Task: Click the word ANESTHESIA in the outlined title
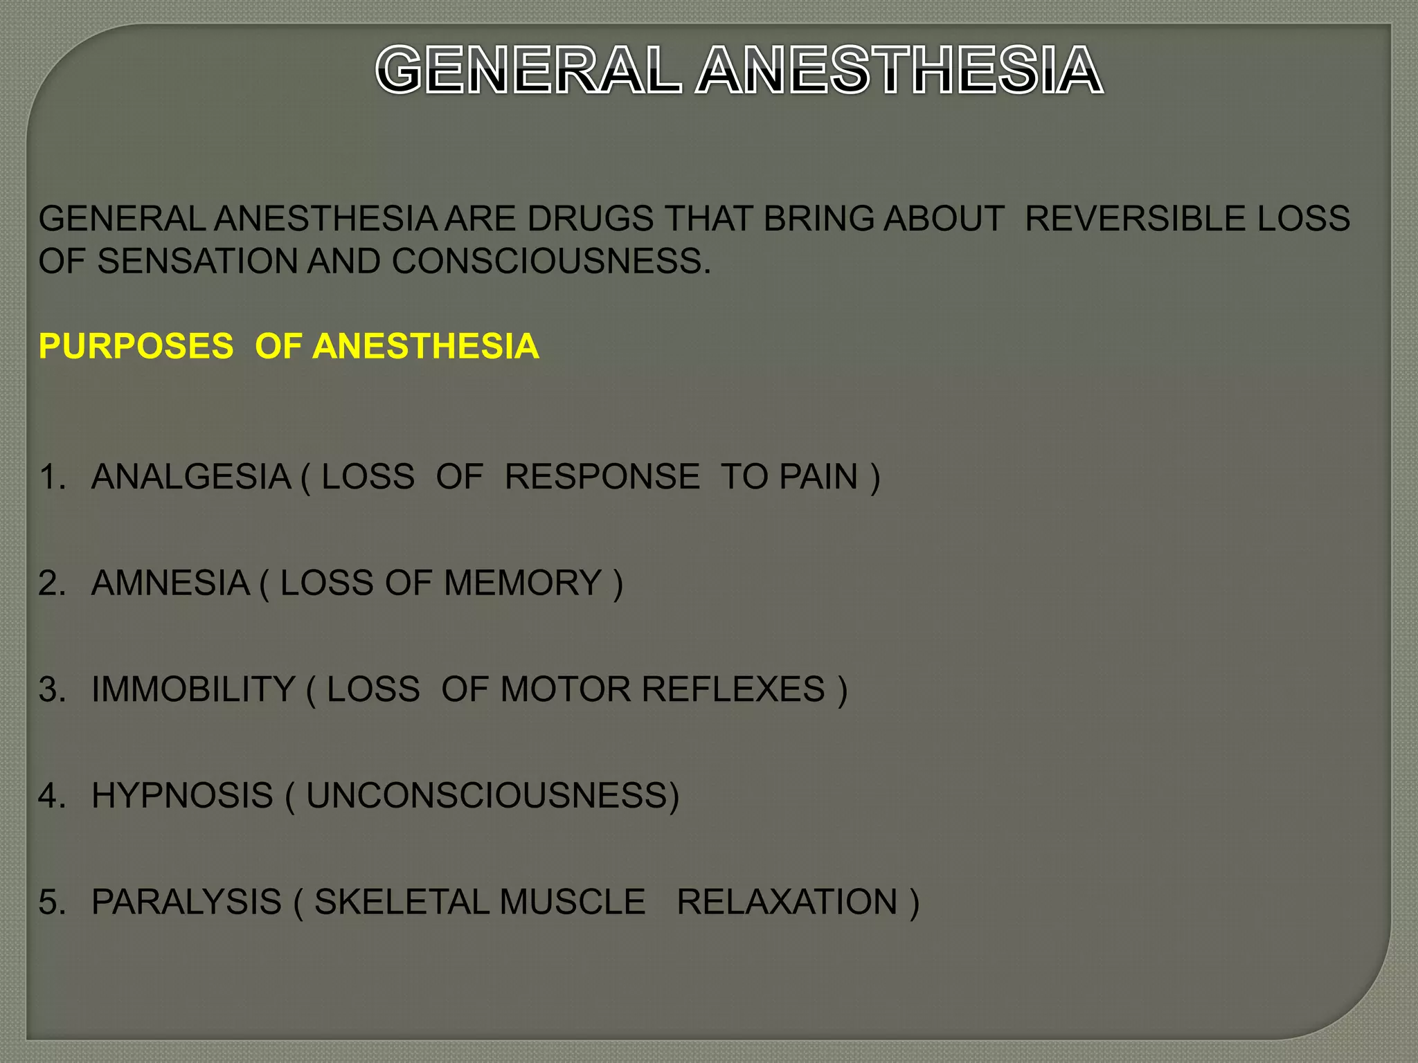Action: click(x=899, y=70)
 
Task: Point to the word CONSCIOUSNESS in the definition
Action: click(x=550, y=262)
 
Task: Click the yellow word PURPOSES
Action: click(x=136, y=346)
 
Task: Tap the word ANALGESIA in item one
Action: click(x=191, y=477)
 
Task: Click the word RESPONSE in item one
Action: click(x=602, y=477)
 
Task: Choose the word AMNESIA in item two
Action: click(x=170, y=583)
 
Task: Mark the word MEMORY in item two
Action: click(x=523, y=583)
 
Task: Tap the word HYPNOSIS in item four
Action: click(x=183, y=796)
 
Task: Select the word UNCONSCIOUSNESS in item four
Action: click(x=488, y=796)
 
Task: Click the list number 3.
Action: click(x=51, y=689)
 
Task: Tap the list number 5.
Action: click(x=51, y=902)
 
